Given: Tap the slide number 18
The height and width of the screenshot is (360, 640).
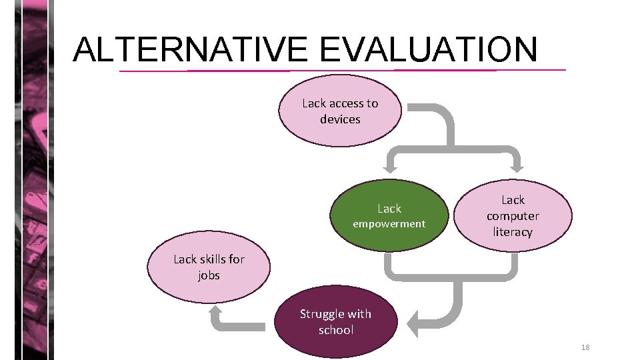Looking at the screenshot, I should point(585,347).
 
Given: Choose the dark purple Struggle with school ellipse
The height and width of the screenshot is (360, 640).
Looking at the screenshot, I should point(335,322).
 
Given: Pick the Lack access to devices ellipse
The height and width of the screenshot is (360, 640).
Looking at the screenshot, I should point(340,111).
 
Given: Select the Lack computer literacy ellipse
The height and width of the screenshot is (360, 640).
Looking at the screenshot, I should point(513,215).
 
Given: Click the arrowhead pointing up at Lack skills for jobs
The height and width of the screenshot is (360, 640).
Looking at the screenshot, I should point(217,313).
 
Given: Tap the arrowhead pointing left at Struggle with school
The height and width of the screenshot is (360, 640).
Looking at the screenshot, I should point(414,325).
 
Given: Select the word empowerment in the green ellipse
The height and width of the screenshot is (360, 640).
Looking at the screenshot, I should point(389,224).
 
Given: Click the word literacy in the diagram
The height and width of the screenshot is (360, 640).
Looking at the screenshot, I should point(513,232).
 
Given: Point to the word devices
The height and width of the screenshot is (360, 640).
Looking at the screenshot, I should point(340,119).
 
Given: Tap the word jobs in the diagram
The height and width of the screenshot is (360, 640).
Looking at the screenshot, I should point(209,275).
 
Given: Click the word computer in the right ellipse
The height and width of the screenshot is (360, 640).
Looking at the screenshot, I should point(513,216).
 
